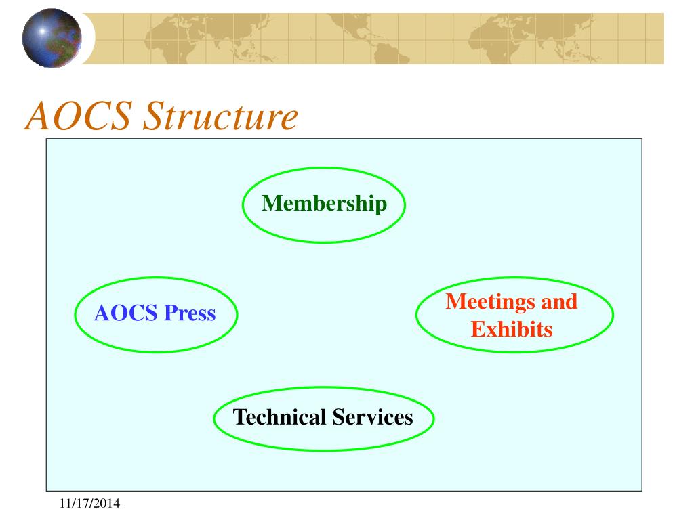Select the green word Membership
[324, 203]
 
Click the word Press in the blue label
[190, 313]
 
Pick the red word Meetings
[491, 302]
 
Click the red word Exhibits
[512, 330]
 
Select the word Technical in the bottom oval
[279, 416]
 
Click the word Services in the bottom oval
[372, 416]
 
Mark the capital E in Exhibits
[477, 330]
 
